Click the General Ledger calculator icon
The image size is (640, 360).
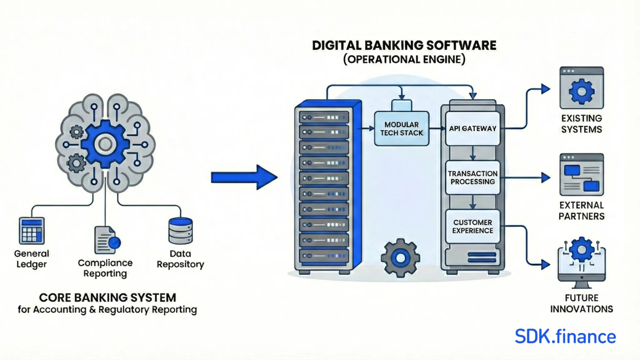[x=32, y=231]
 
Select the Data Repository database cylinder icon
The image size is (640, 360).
[x=180, y=231]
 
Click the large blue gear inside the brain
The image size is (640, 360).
[x=105, y=144]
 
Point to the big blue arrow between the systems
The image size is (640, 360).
[x=244, y=177]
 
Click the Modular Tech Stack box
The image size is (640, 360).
[x=402, y=129]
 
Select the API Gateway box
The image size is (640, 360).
[x=472, y=129]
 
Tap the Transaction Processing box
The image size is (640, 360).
[x=472, y=177]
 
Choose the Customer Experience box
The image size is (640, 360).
[x=472, y=227]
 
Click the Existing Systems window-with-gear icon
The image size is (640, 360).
[x=582, y=88]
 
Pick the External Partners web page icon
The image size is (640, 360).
[x=582, y=174]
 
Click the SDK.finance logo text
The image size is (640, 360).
[x=565, y=337]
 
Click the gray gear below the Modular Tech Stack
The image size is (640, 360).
[x=400, y=258]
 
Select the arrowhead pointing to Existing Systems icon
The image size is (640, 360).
[x=545, y=89]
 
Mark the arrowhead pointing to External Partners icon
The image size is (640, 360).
[x=545, y=177]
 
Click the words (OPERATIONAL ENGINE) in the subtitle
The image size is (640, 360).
[x=404, y=59]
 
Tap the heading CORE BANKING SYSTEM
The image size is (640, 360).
[x=107, y=297]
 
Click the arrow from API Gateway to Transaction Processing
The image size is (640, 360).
[x=472, y=153]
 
